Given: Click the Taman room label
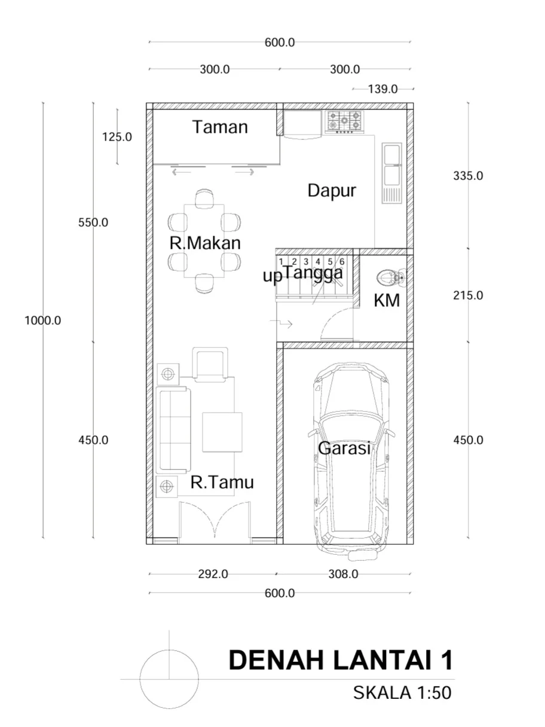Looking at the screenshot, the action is click(220, 127).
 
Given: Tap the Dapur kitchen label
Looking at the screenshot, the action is click(332, 191).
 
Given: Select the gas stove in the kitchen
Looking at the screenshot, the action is click(344, 122).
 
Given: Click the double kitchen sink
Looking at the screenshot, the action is click(392, 173).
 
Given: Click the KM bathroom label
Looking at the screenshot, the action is click(387, 300).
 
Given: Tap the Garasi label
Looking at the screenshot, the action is click(344, 448).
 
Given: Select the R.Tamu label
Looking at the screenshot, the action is click(222, 482).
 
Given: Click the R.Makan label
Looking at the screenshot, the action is click(205, 243).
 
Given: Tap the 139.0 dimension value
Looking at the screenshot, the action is click(383, 89).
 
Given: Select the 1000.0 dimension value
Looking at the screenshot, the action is click(42, 320).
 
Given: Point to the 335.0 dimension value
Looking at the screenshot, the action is click(468, 176).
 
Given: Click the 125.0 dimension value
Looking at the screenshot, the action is click(117, 137).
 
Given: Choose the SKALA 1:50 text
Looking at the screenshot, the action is click(402, 692).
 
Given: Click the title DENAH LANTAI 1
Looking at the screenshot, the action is click(341, 660).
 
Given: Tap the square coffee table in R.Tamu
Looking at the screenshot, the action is click(222, 432).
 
